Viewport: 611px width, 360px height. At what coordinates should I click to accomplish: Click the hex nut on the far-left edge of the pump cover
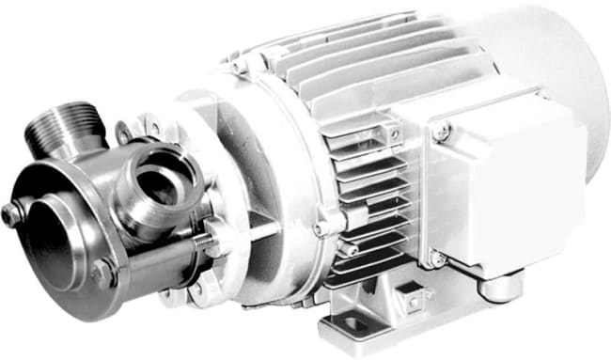11,214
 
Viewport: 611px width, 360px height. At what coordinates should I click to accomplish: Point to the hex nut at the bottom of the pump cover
102,273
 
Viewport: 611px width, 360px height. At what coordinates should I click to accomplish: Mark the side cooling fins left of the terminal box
362,188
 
